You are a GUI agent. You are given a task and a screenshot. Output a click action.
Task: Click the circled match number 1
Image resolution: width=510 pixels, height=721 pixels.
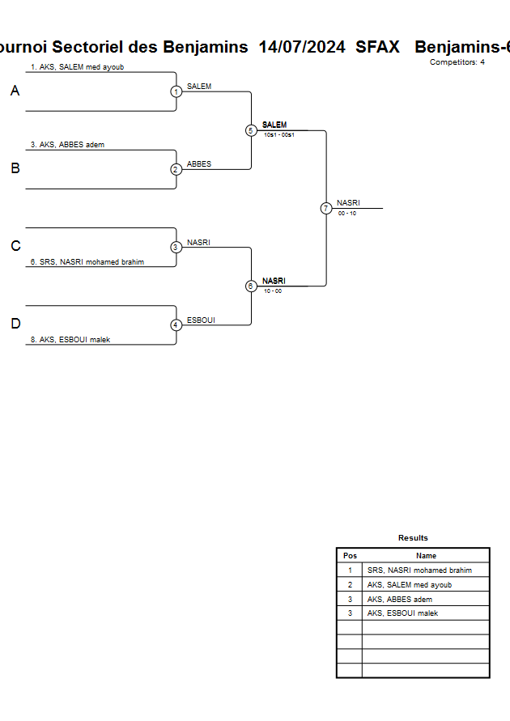pos(176,91)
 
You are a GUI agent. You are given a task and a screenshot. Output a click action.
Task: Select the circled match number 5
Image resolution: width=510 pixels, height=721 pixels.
pos(251,130)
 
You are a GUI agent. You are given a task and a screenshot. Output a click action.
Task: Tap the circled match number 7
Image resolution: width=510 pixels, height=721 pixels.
pos(326,208)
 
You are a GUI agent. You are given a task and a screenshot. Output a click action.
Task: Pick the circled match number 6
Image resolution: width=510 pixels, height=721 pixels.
pos(251,286)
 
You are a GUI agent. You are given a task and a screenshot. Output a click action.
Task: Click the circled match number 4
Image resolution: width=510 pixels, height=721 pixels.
pos(176,324)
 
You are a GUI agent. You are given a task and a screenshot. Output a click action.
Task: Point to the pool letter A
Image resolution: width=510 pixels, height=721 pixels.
pos(15,91)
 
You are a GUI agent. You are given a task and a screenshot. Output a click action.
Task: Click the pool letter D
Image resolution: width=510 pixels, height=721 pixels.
pos(15,324)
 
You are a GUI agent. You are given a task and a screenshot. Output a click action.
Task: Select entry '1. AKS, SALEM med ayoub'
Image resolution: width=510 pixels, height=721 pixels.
pos(78,67)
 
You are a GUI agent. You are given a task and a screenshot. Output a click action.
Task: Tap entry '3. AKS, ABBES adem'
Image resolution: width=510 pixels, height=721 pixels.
pos(67,145)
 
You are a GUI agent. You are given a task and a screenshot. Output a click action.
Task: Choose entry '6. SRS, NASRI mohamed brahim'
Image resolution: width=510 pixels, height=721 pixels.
pos(87,262)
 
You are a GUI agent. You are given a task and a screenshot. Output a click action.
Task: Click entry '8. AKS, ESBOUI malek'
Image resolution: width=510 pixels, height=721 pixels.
pos(70,340)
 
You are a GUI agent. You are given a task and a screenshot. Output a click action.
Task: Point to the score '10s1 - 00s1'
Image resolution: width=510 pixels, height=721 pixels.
pos(278,135)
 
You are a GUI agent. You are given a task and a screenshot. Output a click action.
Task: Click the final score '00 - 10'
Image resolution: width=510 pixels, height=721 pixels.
pos(347,213)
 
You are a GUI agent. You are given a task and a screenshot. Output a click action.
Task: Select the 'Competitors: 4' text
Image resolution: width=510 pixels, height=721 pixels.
pos(457,62)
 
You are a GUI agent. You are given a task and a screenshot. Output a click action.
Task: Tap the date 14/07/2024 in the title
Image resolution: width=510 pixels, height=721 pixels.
pos(302,47)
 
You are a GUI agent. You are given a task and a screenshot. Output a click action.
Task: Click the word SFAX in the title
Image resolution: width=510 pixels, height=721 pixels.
pos(377,47)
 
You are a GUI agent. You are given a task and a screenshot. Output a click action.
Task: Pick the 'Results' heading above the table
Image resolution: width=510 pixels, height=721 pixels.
pos(413,538)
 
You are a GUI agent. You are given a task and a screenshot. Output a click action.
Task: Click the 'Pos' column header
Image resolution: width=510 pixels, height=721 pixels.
pos(350,556)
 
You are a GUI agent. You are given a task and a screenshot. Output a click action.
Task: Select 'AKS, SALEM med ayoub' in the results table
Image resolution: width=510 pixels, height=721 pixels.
pos(410,585)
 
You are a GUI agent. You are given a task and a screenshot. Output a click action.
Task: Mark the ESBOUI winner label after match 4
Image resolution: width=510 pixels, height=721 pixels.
pos(201,320)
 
